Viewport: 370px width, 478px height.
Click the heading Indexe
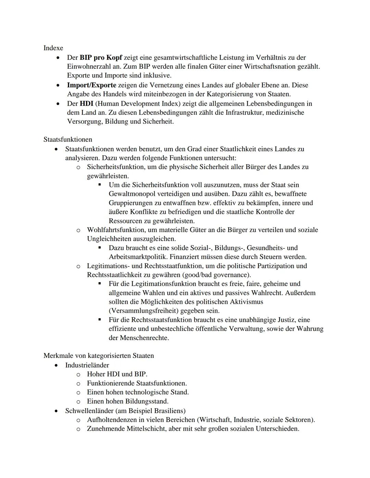click(53, 48)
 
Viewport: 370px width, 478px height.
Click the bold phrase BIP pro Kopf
click(101, 57)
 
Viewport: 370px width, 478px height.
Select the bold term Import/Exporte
click(91, 85)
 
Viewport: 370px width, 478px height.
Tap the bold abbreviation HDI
click(86, 103)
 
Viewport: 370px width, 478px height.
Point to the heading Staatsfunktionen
click(67, 139)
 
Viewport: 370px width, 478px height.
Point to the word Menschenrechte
click(144, 338)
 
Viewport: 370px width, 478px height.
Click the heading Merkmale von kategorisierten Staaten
click(99, 356)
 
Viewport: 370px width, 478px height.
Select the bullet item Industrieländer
click(87, 365)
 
